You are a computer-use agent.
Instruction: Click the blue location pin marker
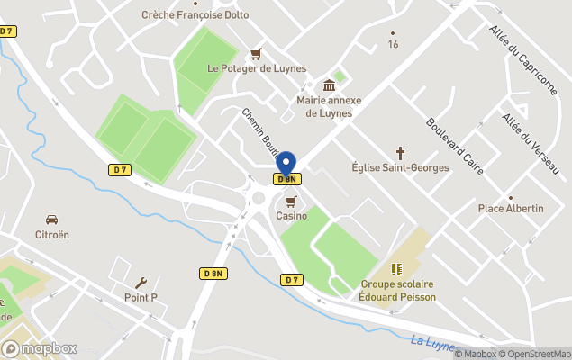[286, 165]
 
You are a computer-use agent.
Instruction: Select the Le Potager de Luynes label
[257, 68]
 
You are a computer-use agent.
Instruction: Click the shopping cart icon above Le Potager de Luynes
[257, 53]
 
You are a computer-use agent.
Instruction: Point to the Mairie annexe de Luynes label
[329, 106]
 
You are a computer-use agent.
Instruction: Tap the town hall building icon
[329, 85]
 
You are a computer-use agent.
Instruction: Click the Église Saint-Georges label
[400, 167]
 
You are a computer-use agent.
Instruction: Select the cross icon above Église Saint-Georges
[400, 153]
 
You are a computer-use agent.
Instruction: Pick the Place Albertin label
[511, 209]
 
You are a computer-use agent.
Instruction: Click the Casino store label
[291, 216]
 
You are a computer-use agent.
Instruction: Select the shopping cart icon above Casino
[291, 201]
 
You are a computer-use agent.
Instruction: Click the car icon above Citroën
[52, 220]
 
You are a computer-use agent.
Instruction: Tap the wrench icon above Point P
[141, 283]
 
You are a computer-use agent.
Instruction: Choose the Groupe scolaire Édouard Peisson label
[396, 291]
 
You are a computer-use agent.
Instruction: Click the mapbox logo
[40, 348]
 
